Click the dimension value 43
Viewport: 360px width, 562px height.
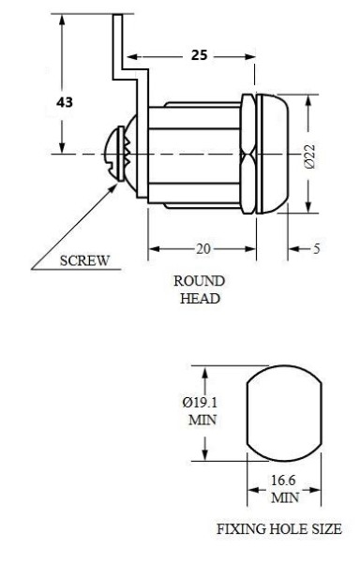65,102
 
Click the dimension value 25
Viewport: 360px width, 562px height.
199,55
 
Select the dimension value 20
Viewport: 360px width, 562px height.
202,248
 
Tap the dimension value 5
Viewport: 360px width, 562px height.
316,248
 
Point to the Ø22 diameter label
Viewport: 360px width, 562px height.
309,156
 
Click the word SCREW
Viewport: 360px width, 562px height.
84,260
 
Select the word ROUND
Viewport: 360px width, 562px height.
200,281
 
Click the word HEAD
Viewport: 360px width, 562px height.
200,298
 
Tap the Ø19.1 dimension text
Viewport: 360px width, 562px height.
200,403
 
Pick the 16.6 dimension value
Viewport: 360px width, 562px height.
283,481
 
